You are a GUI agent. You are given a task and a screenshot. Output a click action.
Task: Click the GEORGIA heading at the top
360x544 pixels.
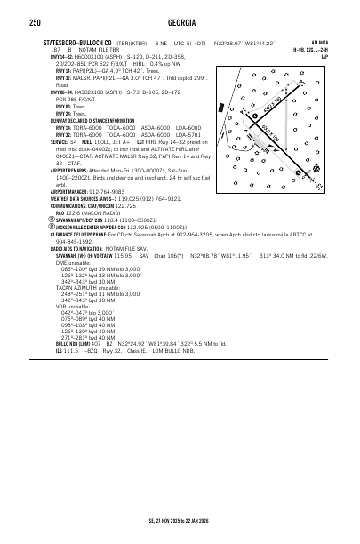[180, 21]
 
